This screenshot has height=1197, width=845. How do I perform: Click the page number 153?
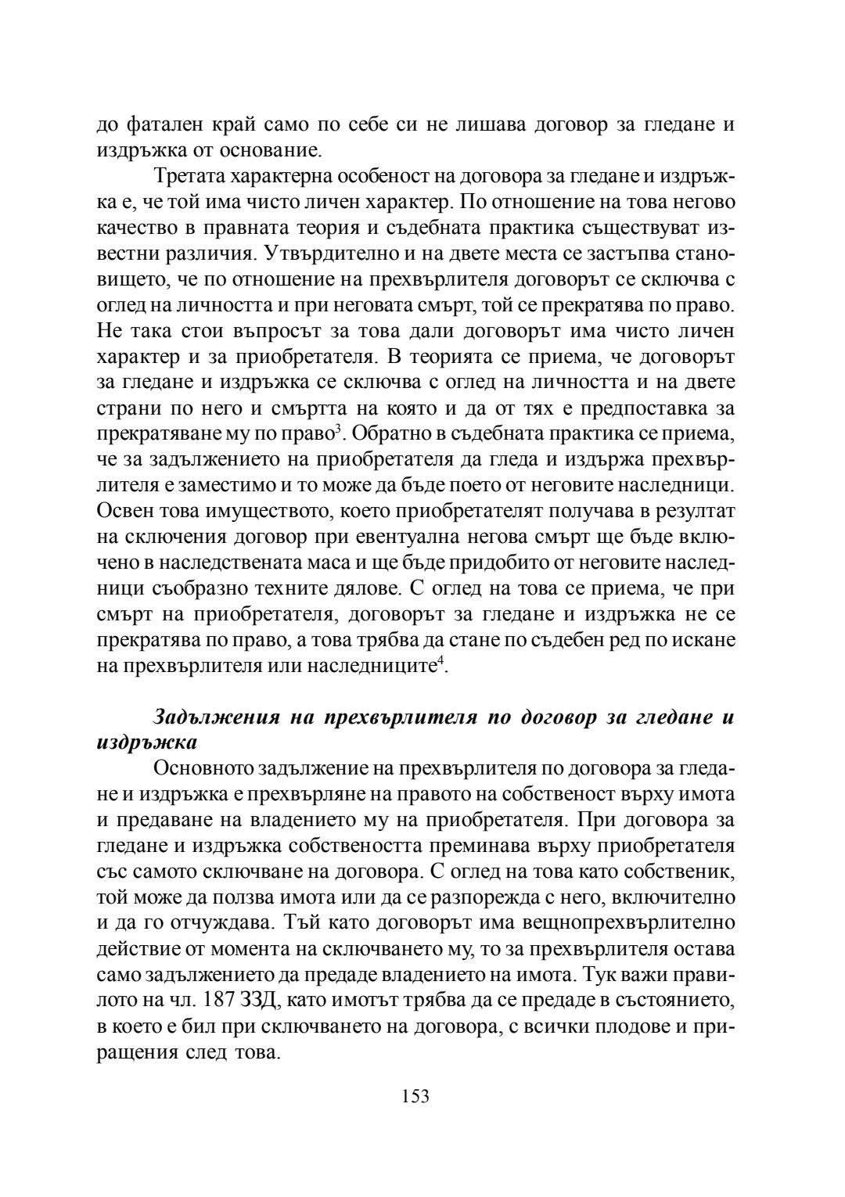415,1096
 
